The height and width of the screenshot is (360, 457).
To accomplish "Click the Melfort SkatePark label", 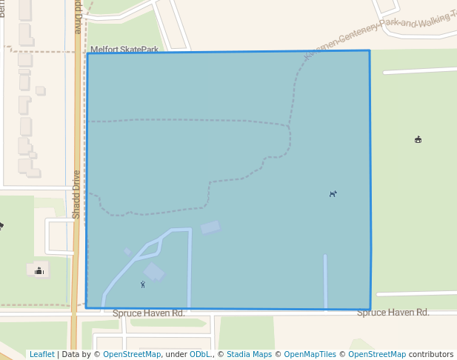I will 124,49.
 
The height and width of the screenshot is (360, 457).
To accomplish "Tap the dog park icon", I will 333,194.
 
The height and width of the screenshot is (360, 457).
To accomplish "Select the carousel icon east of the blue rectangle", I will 418,139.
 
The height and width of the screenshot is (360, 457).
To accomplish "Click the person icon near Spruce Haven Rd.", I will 143,284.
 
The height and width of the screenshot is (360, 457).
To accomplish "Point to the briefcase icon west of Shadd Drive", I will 39,271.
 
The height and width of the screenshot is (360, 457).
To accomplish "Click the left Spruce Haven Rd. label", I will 148,313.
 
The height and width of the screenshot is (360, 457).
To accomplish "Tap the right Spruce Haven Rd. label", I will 393,313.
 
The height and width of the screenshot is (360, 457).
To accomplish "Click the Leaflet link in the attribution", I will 41,355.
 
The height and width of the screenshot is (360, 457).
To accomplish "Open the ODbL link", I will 200,355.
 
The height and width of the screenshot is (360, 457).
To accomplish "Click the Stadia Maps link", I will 249,355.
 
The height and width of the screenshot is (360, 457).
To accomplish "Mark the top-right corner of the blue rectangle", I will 369,50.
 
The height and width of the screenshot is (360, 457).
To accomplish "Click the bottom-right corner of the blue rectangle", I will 370,310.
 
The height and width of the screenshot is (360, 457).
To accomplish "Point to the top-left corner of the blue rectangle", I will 87,53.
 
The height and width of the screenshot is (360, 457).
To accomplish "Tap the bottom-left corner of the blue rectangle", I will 86,307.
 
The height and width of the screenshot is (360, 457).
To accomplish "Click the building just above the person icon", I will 154,272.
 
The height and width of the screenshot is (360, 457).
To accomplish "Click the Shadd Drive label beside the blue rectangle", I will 76,194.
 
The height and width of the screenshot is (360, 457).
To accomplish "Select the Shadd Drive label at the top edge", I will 78,16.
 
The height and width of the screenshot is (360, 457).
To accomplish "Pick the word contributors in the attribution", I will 431,355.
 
